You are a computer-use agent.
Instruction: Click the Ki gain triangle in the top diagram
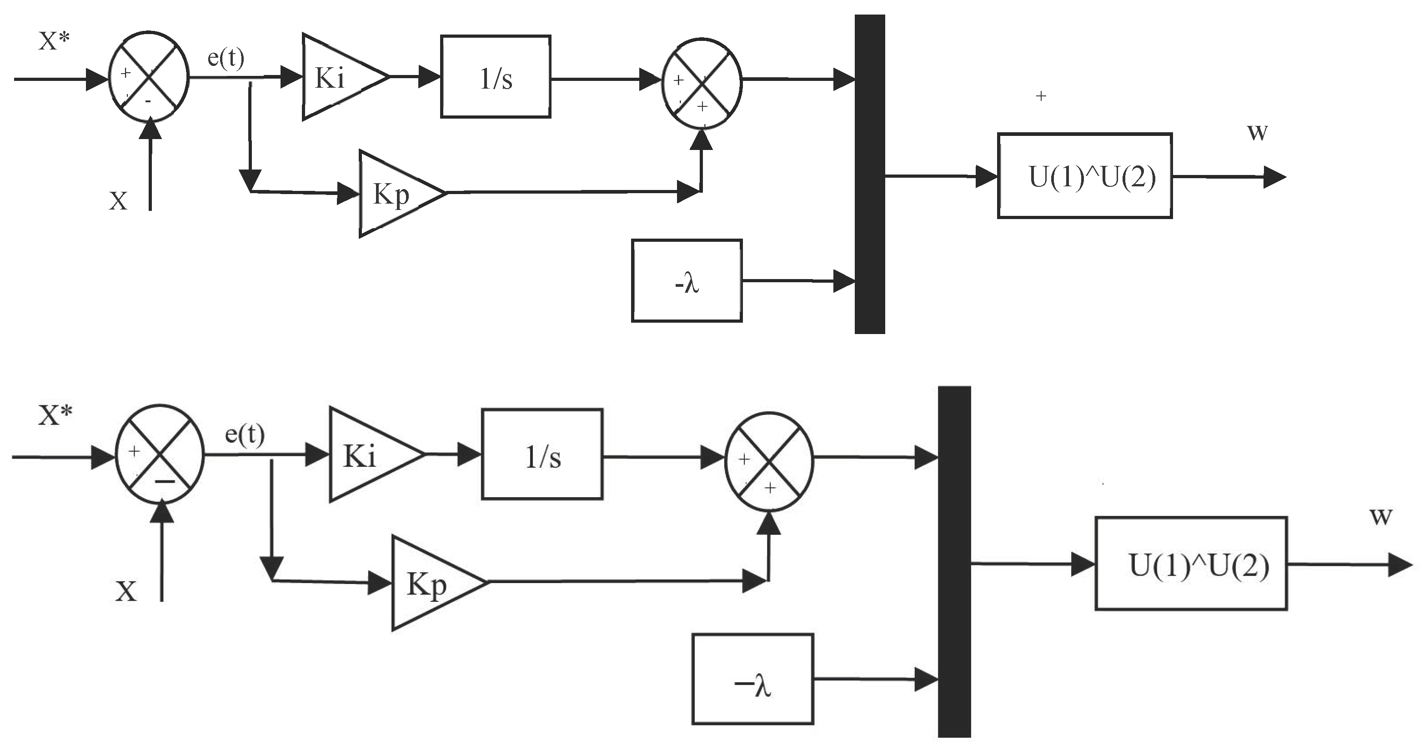[x=336, y=77]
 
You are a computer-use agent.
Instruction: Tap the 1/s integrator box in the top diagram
[x=495, y=77]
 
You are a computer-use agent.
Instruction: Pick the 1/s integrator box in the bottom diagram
[x=542, y=454]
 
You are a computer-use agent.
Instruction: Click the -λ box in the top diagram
[x=687, y=281]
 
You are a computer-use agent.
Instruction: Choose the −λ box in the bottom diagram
[x=752, y=679]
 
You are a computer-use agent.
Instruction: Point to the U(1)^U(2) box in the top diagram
[x=1084, y=176]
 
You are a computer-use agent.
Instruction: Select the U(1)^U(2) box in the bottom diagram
[x=1190, y=564]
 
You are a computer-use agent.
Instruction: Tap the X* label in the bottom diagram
[x=55, y=415]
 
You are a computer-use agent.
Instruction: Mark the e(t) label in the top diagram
[x=226, y=57]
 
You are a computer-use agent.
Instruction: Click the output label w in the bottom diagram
[x=1380, y=516]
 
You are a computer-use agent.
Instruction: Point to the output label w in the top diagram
[x=1258, y=132]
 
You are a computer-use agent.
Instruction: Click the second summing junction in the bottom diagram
[x=769, y=461]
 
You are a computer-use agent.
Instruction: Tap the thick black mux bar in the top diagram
[x=869, y=174]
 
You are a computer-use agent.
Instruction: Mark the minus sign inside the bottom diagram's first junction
[x=165, y=481]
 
